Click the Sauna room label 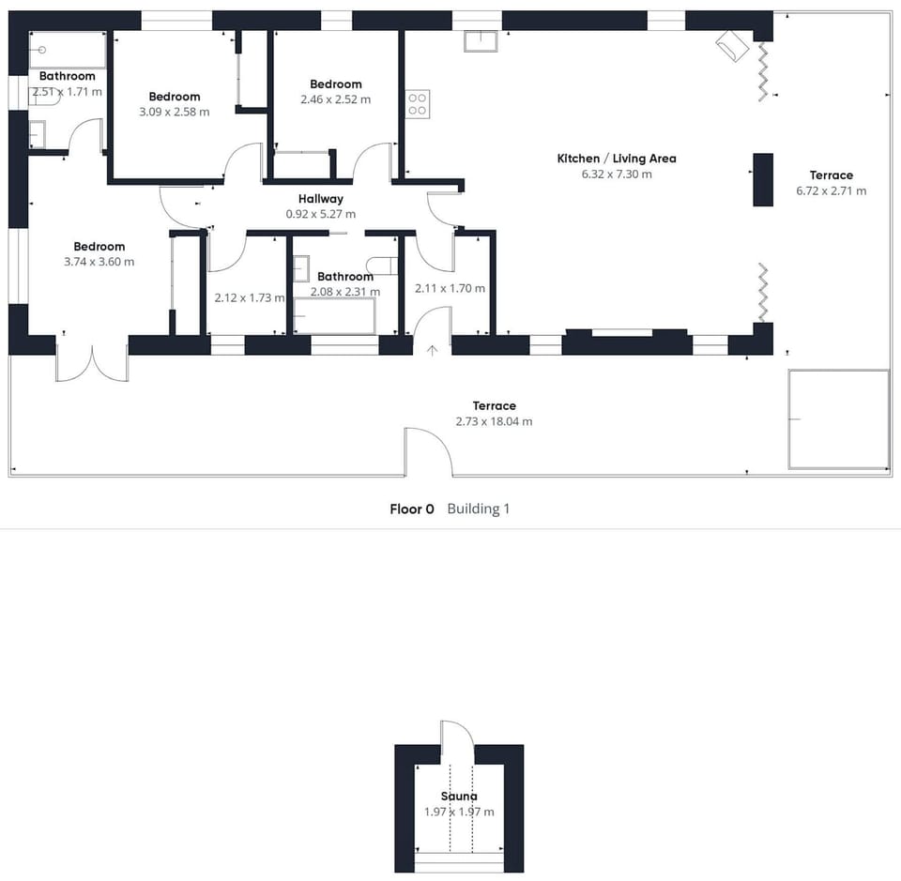pos(459,796)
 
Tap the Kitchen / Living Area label pos(617,159)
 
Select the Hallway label pos(321,199)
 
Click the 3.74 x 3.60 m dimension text pos(99,262)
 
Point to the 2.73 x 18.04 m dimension pos(495,421)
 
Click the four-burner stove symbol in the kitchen pos(418,104)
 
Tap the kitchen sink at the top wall pos(481,40)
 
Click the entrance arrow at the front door pos(432,350)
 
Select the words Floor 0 pos(412,509)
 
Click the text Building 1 pos(478,509)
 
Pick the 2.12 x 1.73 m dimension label pos(250,298)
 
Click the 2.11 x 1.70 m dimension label pos(450,288)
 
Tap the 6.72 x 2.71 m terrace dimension pos(831,190)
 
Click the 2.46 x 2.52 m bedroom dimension pos(336,99)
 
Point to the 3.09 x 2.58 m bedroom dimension pos(175,112)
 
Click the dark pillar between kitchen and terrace pos(763,180)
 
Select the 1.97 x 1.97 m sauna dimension pos(459,813)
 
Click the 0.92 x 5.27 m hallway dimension pos(321,214)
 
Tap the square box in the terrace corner pos(839,419)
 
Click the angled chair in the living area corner pos(732,46)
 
